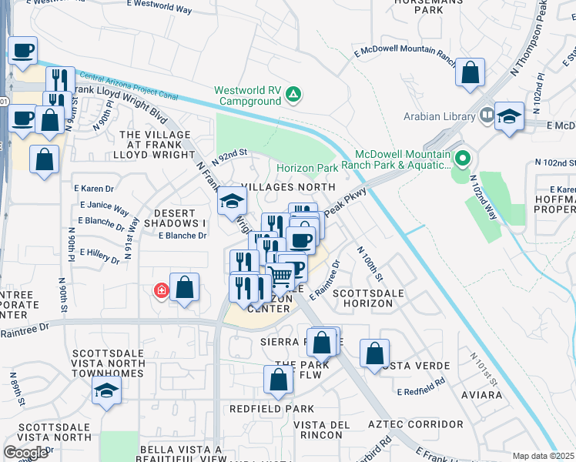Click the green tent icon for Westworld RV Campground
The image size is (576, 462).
(x=293, y=95)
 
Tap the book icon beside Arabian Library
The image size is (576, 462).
(x=486, y=117)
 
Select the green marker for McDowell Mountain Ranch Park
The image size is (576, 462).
(x=462, y=159)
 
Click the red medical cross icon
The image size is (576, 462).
(x=161, y=291)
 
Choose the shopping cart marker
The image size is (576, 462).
(x=281, y=273)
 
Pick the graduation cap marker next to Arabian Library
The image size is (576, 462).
(x=509, y=116)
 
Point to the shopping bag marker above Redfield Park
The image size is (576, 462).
(x=278, y=379)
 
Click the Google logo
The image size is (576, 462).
(x=25, y=452)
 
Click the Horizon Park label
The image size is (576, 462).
(x=307, y=168)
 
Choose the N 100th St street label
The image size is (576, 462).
(x=370, y=263)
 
